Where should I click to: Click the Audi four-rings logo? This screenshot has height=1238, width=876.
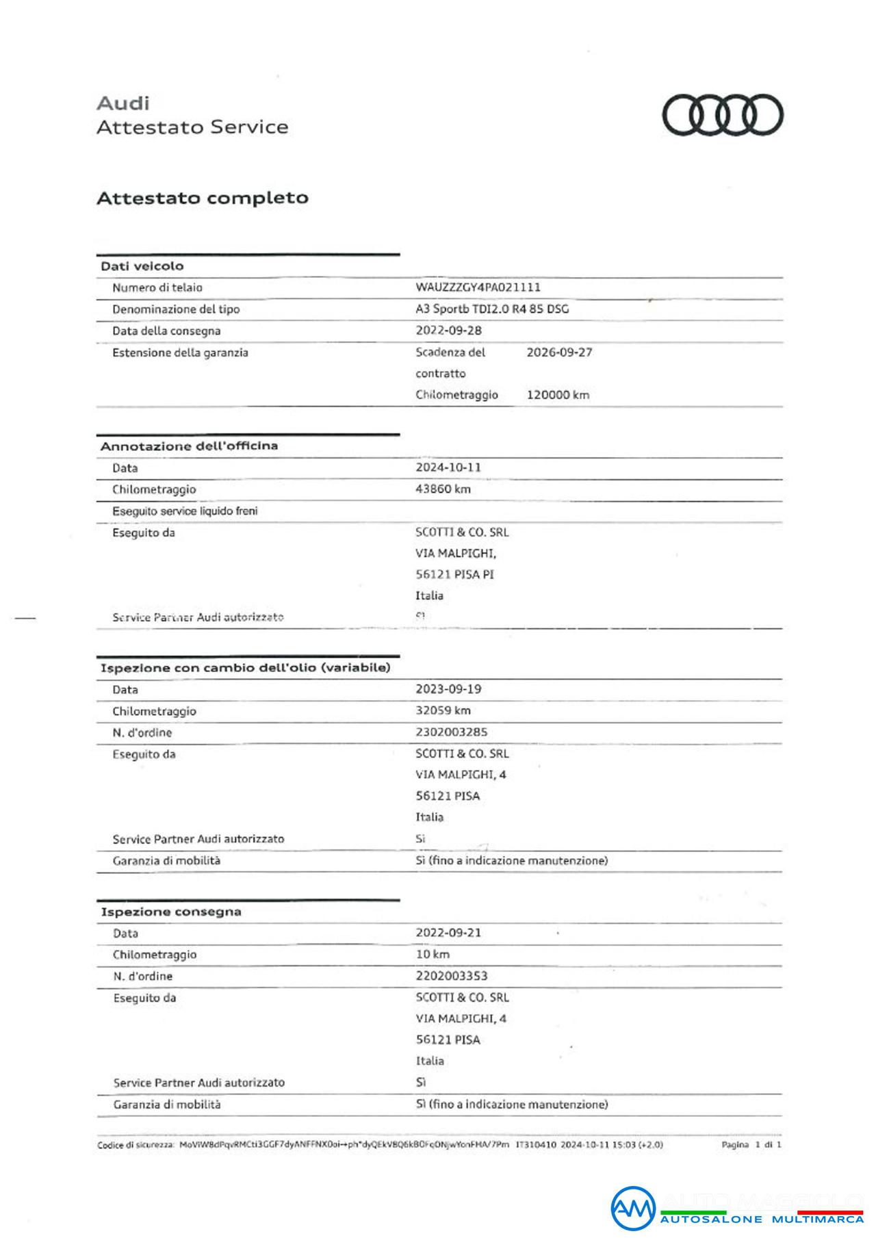(722, 115)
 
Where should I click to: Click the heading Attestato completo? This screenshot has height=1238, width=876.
(203, 198)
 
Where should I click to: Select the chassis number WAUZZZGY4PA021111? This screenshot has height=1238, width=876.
(478, 287)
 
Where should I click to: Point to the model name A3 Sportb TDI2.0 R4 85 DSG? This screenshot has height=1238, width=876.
(492, 309)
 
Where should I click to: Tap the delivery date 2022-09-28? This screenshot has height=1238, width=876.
(448, 330)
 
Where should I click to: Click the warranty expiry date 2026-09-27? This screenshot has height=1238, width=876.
(559, 352)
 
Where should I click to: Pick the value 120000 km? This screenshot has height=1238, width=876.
(558, 395)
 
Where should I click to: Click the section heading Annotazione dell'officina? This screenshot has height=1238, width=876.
(189, 446)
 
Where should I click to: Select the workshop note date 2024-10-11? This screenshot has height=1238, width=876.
(448, 467)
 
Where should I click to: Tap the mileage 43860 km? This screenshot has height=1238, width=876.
(443, 489)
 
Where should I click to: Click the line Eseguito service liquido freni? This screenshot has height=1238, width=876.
(185, 511)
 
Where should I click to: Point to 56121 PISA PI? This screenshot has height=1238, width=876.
(454, 574)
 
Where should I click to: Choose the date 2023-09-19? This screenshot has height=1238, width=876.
(448, 688)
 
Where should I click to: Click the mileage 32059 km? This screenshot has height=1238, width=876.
(443, 710)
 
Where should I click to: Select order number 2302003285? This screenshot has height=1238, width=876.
(452, 732)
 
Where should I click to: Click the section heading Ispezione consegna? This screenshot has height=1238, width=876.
(171, 912)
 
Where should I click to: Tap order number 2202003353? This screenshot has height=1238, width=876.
(452, 976)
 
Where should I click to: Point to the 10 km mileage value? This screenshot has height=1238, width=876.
(433, 954)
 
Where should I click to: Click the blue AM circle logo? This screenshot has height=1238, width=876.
(632, 1209)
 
